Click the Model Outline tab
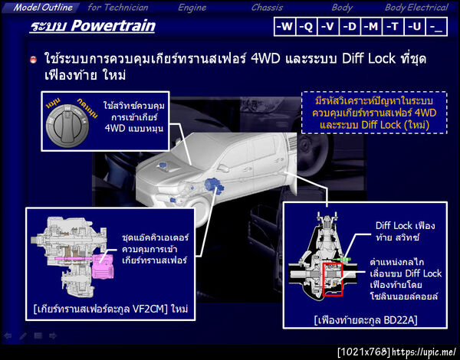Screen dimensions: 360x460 tap(43, 7)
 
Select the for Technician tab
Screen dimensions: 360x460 tap(119, 7)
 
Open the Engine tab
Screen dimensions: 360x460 tap(192, 7)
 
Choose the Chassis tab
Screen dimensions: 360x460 tap(266, 7)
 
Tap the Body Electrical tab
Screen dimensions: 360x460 tap(416, 7)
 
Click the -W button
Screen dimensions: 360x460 tap(284, 27)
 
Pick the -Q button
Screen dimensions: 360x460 tap(307, 27)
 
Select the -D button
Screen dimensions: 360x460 tap(350, 27)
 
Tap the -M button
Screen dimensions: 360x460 tap(371, 27)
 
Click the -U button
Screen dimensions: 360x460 tap(415, 27)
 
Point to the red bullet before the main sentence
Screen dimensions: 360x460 tap(34, 60)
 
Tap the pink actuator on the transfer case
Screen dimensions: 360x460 tap(100, 268)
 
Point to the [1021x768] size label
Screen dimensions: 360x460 tap(363, 352)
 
